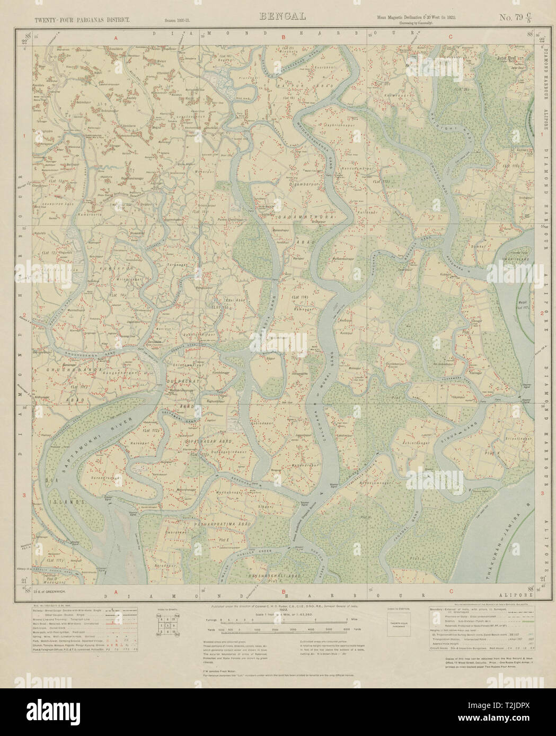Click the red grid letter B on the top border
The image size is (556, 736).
point(284,38)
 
